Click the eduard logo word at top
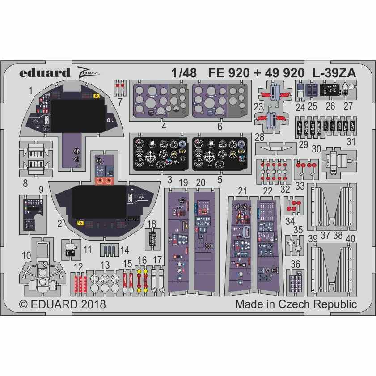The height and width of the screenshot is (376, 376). pyautogui.click(x=44, y=72)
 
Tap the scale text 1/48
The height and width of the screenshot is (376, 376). pyautogui.click(x=183, y=72)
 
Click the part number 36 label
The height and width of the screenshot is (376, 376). pyautogui.click(x=295, y=264)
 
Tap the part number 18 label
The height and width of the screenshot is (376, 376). pyautogui.click(x=152, y=224)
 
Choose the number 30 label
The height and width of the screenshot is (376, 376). pyautogui.click(x=317, y=149)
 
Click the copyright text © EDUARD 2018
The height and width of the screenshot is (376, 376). pyautogui.click(x=63, y=305)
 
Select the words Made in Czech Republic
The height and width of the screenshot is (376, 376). pyautogui.click(x=296, y=305)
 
